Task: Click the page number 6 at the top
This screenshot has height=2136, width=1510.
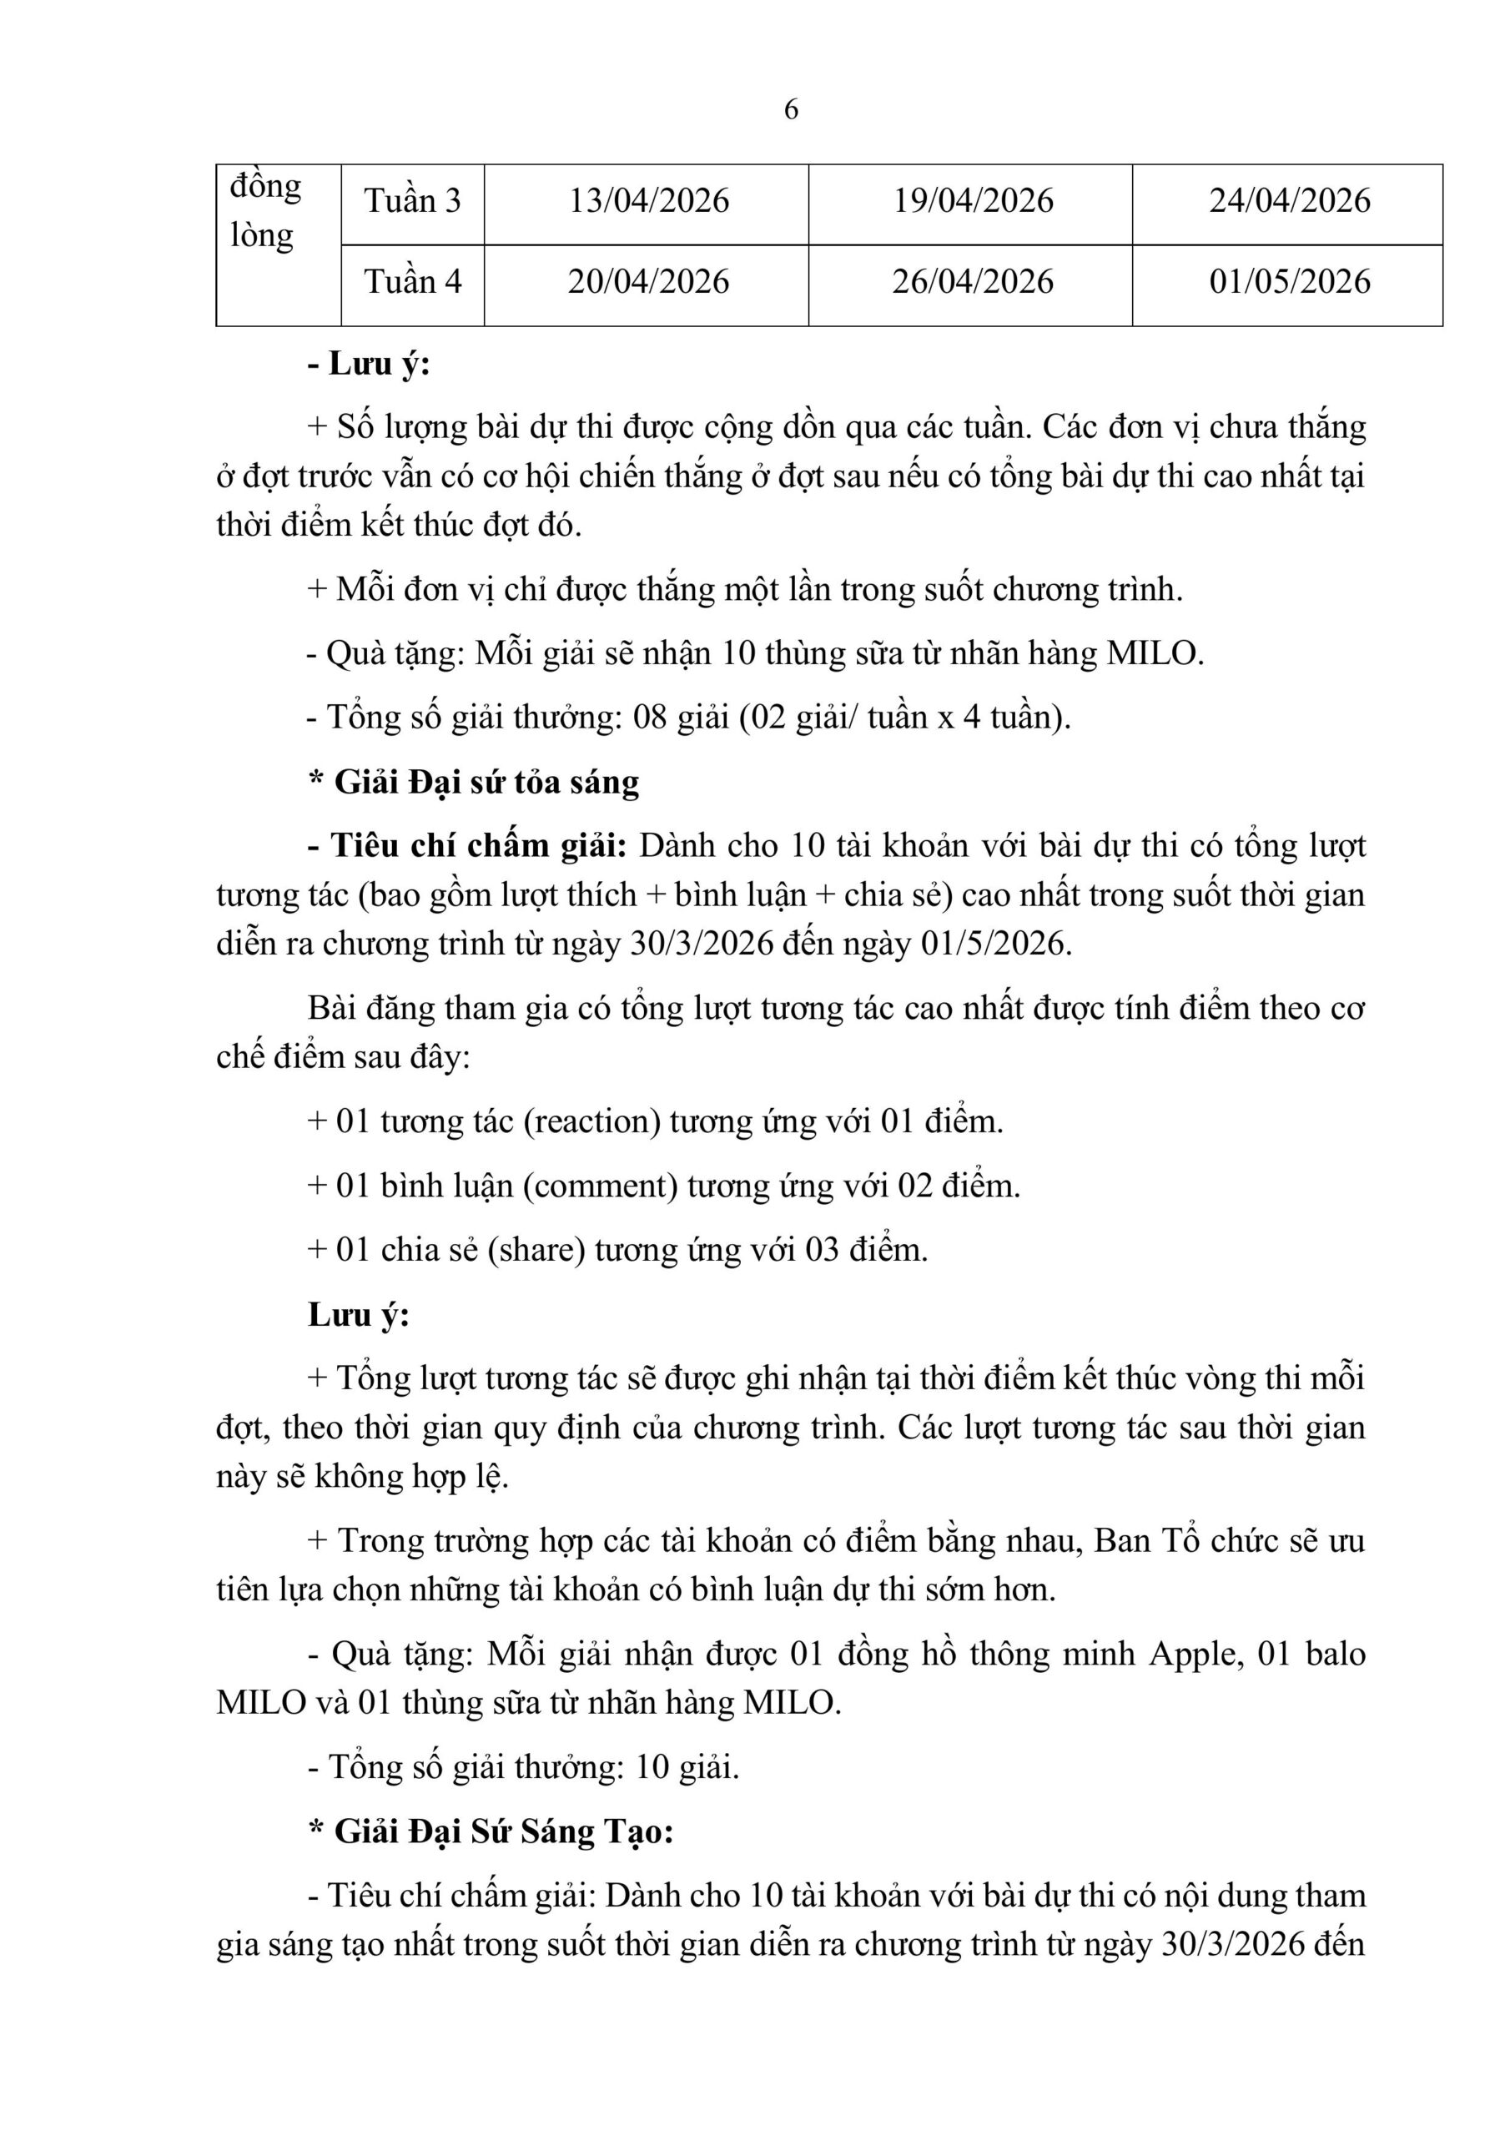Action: [791, 110]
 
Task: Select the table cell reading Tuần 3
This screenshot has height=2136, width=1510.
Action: [412, 201]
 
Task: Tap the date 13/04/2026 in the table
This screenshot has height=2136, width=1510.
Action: [648, 201]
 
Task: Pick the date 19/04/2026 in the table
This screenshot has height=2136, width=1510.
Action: [974, 201]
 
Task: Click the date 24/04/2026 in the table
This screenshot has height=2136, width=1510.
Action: [1290, 201]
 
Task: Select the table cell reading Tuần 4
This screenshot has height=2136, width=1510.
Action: [412, 282]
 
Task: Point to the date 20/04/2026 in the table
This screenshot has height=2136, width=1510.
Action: [648, 282]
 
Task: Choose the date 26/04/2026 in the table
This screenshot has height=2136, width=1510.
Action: [974, 282]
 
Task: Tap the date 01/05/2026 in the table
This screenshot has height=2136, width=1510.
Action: [1290, 282]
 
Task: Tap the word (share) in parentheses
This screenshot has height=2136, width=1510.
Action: [536, 1249]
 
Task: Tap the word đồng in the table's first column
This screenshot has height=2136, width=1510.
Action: [265, 187]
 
